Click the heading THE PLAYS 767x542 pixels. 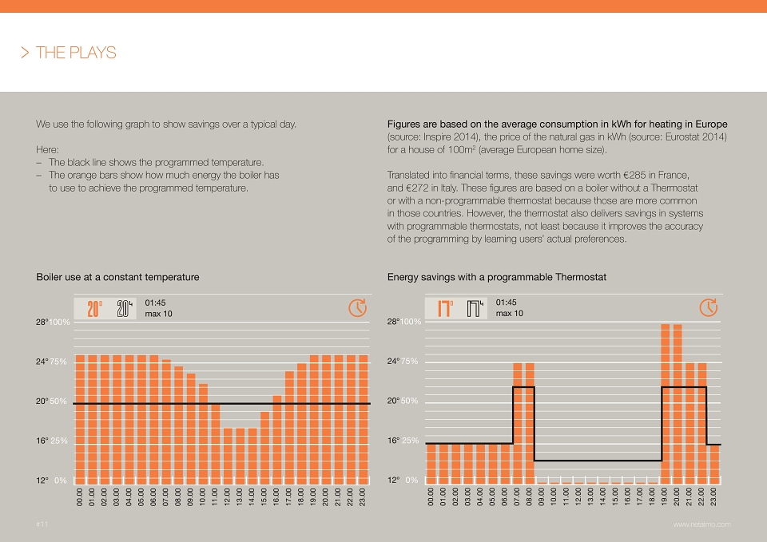click(76, 53)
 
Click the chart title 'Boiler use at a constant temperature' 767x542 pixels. click(117, 277)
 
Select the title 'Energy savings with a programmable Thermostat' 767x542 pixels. click(496, 277)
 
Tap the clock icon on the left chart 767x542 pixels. click(358, 308)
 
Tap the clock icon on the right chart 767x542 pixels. click(709, 307)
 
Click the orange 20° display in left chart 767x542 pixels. click(94, 309)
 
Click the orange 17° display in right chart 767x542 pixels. click(445, 309)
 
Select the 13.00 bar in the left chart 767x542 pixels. click(240, 456)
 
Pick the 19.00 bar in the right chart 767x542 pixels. click(666, 404)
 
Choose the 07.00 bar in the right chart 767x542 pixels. click(518, 423)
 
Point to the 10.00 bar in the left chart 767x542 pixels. click(203, 434)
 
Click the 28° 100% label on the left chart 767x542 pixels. click(53, 322)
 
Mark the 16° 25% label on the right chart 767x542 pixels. click(403, 441)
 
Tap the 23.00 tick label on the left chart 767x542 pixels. click(363, 497)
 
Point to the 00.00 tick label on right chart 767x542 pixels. click(431, 497)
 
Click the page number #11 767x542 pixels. click(42, 524)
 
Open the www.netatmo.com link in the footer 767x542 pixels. click(702, 524)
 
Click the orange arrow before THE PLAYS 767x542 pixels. click(25, 53)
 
